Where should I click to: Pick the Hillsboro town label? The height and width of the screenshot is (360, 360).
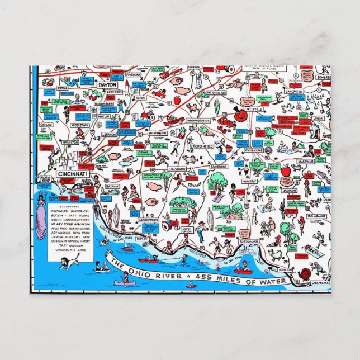(177, 168)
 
